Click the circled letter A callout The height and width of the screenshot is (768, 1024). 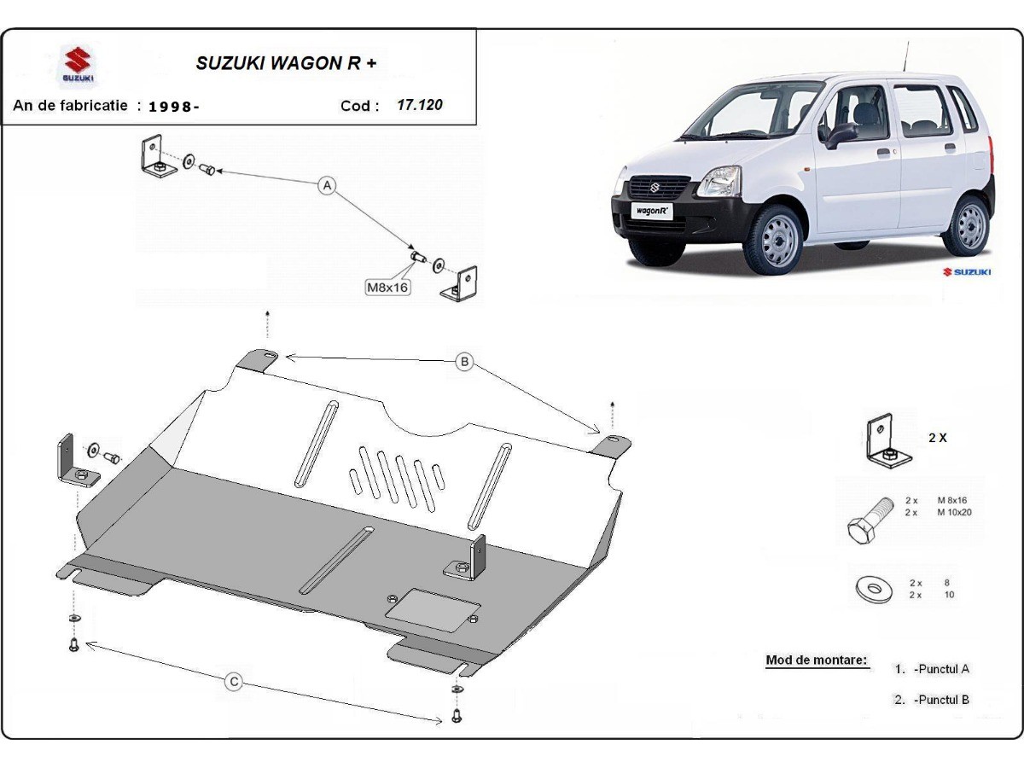coord(326,185)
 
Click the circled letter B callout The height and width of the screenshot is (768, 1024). coord(464,362)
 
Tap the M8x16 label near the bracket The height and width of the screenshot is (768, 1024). coord(387,288)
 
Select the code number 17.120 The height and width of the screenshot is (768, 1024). coord(420,105)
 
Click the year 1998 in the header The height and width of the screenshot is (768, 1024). coord(173,107)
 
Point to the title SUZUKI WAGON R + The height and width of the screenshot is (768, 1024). coord(286,62)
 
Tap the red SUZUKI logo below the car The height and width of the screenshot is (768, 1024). coord(967,271)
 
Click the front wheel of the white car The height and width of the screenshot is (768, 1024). coord(775,239)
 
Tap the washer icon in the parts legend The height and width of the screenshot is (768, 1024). coord(871,587)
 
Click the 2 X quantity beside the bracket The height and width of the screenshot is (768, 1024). coord(937,438)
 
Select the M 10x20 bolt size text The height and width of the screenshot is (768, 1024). coord(955,513)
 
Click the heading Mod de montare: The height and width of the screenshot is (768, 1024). coord(816,660)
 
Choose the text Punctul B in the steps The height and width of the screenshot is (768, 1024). coord(941,700)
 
